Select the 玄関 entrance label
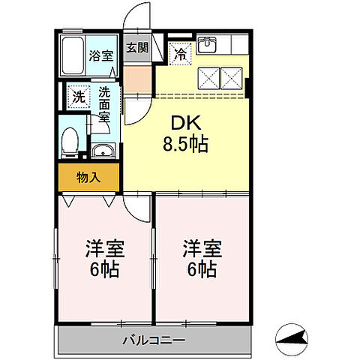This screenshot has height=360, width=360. coord(137,48)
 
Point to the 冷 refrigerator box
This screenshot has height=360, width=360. coord(181,52)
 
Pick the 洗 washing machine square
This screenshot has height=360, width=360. coord(76,96)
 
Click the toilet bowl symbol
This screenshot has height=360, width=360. coord(70,140)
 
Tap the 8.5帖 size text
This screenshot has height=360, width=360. coord(182,142)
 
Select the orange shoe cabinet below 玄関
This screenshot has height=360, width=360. coord(137,77)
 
